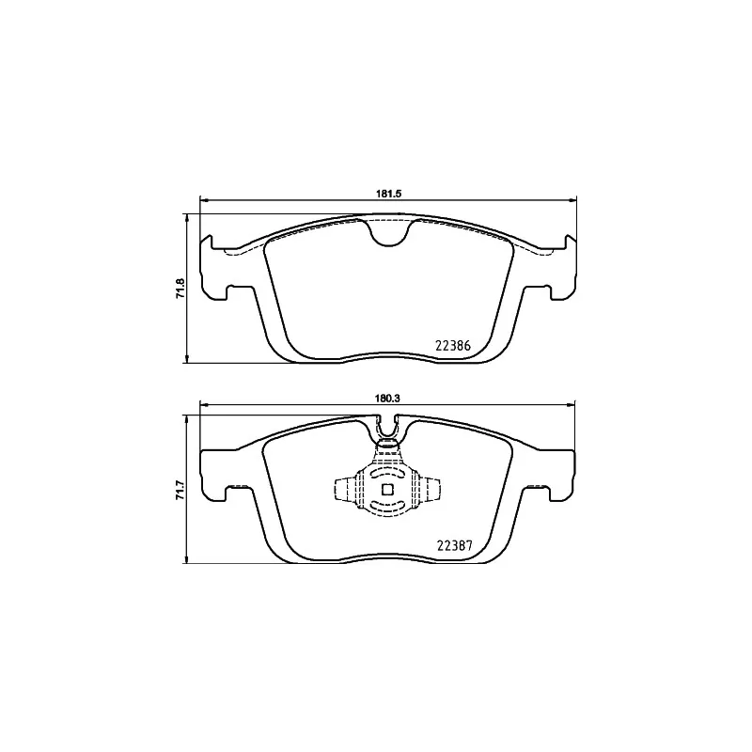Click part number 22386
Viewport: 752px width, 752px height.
coord(453,344)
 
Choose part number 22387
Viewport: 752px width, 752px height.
coord(453,544)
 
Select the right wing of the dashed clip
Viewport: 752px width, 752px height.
coord(429,489)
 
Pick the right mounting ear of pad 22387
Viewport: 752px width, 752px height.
coord(558,470)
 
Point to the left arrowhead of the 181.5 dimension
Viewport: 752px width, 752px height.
coord(204,199)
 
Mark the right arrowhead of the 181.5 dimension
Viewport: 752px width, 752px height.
coord(572,199)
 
